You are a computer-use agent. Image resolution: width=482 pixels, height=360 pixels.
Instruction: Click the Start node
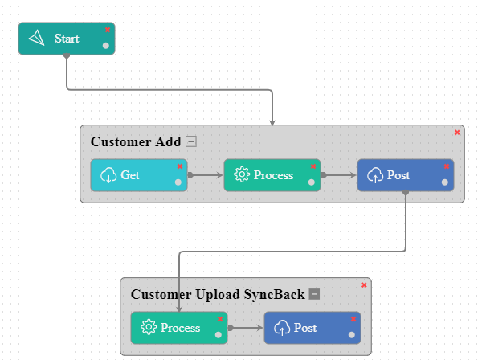pyautogui.click(x=66, y=39)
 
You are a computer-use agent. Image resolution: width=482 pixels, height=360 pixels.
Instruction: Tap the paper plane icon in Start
pyautogui.click(x=37, y=39)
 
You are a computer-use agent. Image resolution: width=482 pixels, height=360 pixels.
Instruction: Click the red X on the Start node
pyautogui.click(x=108, y=29)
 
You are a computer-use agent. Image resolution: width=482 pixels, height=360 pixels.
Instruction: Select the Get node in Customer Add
pyautogui.click(x=138, y=175)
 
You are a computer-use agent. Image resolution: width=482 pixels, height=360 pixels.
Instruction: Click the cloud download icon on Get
pyautogui.click(x=108, y=175)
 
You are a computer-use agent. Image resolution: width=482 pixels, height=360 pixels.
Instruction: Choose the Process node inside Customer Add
pyautogui.click(x=272, y=175)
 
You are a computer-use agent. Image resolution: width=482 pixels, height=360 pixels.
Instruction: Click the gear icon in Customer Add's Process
pyautogui.click(x=242, y=175)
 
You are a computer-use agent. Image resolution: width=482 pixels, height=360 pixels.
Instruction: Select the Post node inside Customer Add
pyautogui.click(x=405, y=175)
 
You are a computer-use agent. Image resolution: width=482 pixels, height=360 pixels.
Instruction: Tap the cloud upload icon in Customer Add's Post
pyautogui.click(x=375, y=175)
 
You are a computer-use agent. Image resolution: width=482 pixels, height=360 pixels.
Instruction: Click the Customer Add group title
pyautogui.click(x=136, y=142)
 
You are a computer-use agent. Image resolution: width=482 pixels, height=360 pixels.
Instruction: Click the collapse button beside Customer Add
pyautogui.click(x=190, y=142)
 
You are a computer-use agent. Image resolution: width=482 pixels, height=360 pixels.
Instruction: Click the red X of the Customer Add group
pyautogui.click(x=457, y=132)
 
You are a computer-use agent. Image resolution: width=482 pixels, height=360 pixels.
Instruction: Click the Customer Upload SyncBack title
pyautogui.click(x=218, y=295)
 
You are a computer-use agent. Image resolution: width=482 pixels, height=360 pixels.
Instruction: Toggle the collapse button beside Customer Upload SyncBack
pyautogui.click(x=315, y=295)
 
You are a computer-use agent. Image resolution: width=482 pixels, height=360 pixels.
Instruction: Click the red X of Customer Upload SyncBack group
pyautogui.click(x=364, y=284)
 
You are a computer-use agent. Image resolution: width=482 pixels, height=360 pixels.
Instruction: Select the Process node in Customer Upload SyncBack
pyautogui.click(x=178, y=328)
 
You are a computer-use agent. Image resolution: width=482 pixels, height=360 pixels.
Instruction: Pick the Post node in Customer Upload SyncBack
pyautogui.click(x=312, y=328)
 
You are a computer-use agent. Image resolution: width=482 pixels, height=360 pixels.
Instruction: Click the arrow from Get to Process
pyautogui.click(x=206, y=174)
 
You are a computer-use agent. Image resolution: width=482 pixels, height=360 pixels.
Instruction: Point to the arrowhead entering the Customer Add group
pyautogui.click(x=272, y=122)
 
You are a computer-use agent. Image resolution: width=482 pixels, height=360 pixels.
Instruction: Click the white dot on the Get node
pyautogui.click(x=178, y=182)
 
